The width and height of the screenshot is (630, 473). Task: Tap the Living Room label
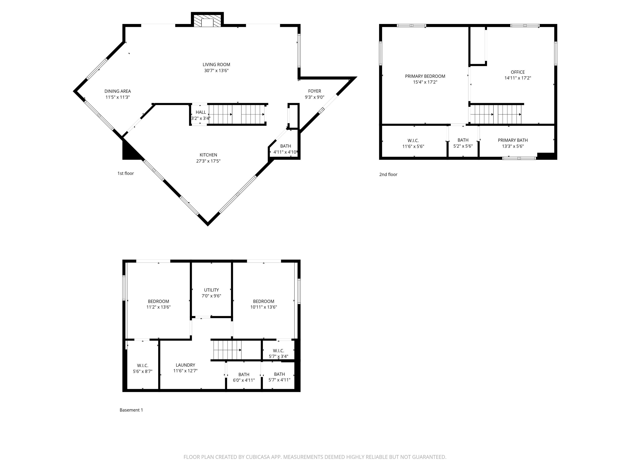pyautogui.click(x=216, y=65)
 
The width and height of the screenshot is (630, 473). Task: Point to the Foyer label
pyautogui.click(x=314, y=91)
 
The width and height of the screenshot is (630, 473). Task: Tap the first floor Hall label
pyautogui.click(x=201, y=112)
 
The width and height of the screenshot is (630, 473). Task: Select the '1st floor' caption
pyautogui.click(x=126, y=173)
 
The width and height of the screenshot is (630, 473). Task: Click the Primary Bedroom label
pyautogui.click(x=425, y=76)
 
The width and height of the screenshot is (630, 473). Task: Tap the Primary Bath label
pyautogui.click(x=513, y=140)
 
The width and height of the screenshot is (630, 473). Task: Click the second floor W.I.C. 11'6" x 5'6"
pyautogui.click(x=413, y=144)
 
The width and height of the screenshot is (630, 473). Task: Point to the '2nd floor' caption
pyautogui.click(x=388, y=175)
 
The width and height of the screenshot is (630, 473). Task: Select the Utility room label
pyautogui.click(x=211, y=290)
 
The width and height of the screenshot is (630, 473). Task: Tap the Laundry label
pyautogui.click(x=185, y=365)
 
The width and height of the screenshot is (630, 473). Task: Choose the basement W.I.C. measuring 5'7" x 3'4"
pyautogui.click(x=278, y=354)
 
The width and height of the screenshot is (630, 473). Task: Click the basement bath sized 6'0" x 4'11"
pyautogui.click(x=244, y=377)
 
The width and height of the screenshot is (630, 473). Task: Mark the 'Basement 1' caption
pyautogui.click(x=131, y=410)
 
